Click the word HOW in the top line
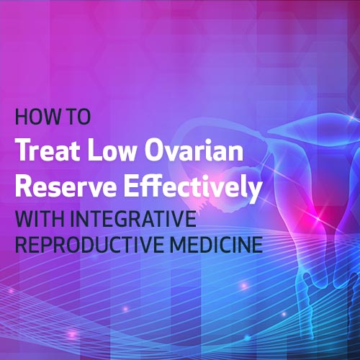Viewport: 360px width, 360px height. coord(32,117)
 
